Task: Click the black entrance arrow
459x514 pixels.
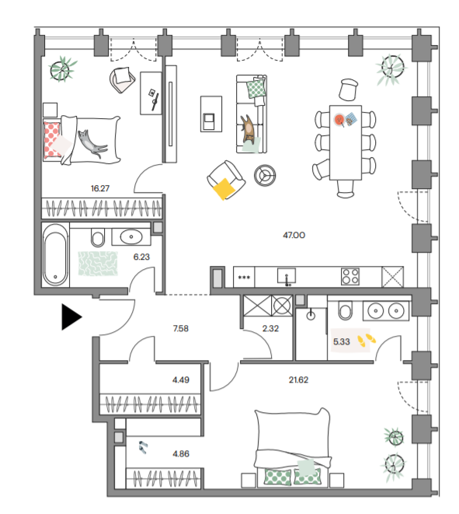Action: pyautogui.click(x=71, y=316)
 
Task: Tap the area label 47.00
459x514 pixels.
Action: pyautogui.click(x=294, y=235)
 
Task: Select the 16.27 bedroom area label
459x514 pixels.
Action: pyautogui.click(x=100, y=188)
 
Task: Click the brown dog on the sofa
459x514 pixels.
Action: pyautogui.click(x=249, y=129)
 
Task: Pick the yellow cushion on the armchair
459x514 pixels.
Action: pyautogui.click(x=224, y=188)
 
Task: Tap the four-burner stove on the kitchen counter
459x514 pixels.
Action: pyautogui.click(x=350, y=276)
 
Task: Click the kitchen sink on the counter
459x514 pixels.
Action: pyautogui.click(x=287, y=276)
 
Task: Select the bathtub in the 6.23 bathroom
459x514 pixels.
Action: pyautogui.click(x=55, y=255)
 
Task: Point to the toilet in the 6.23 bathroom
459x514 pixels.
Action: pyautogui.click(x=98, y=237)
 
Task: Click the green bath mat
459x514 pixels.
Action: pyautogui.click(x=98, y=264)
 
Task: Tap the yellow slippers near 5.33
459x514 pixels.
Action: pyautogui.click(x=367, y=340)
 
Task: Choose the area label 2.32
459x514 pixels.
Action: pyautogui.click(x=270, y=328)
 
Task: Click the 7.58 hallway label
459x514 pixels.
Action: pyautogui.click(x=181, y=328)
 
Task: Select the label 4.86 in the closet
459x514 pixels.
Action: pyautogui.click(x=181, y=453)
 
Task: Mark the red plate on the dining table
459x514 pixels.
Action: pyautogui.click(x=339, y=119)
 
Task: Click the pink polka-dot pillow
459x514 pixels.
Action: pyautogui.click(x=52, y=139)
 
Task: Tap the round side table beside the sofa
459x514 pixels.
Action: pyautogui.click(x=265, y=176)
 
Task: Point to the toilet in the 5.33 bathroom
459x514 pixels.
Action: pyautogui.click(x=345, y=310)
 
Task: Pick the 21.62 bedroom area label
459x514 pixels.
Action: pyautogui.click(x=298, y=379)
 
